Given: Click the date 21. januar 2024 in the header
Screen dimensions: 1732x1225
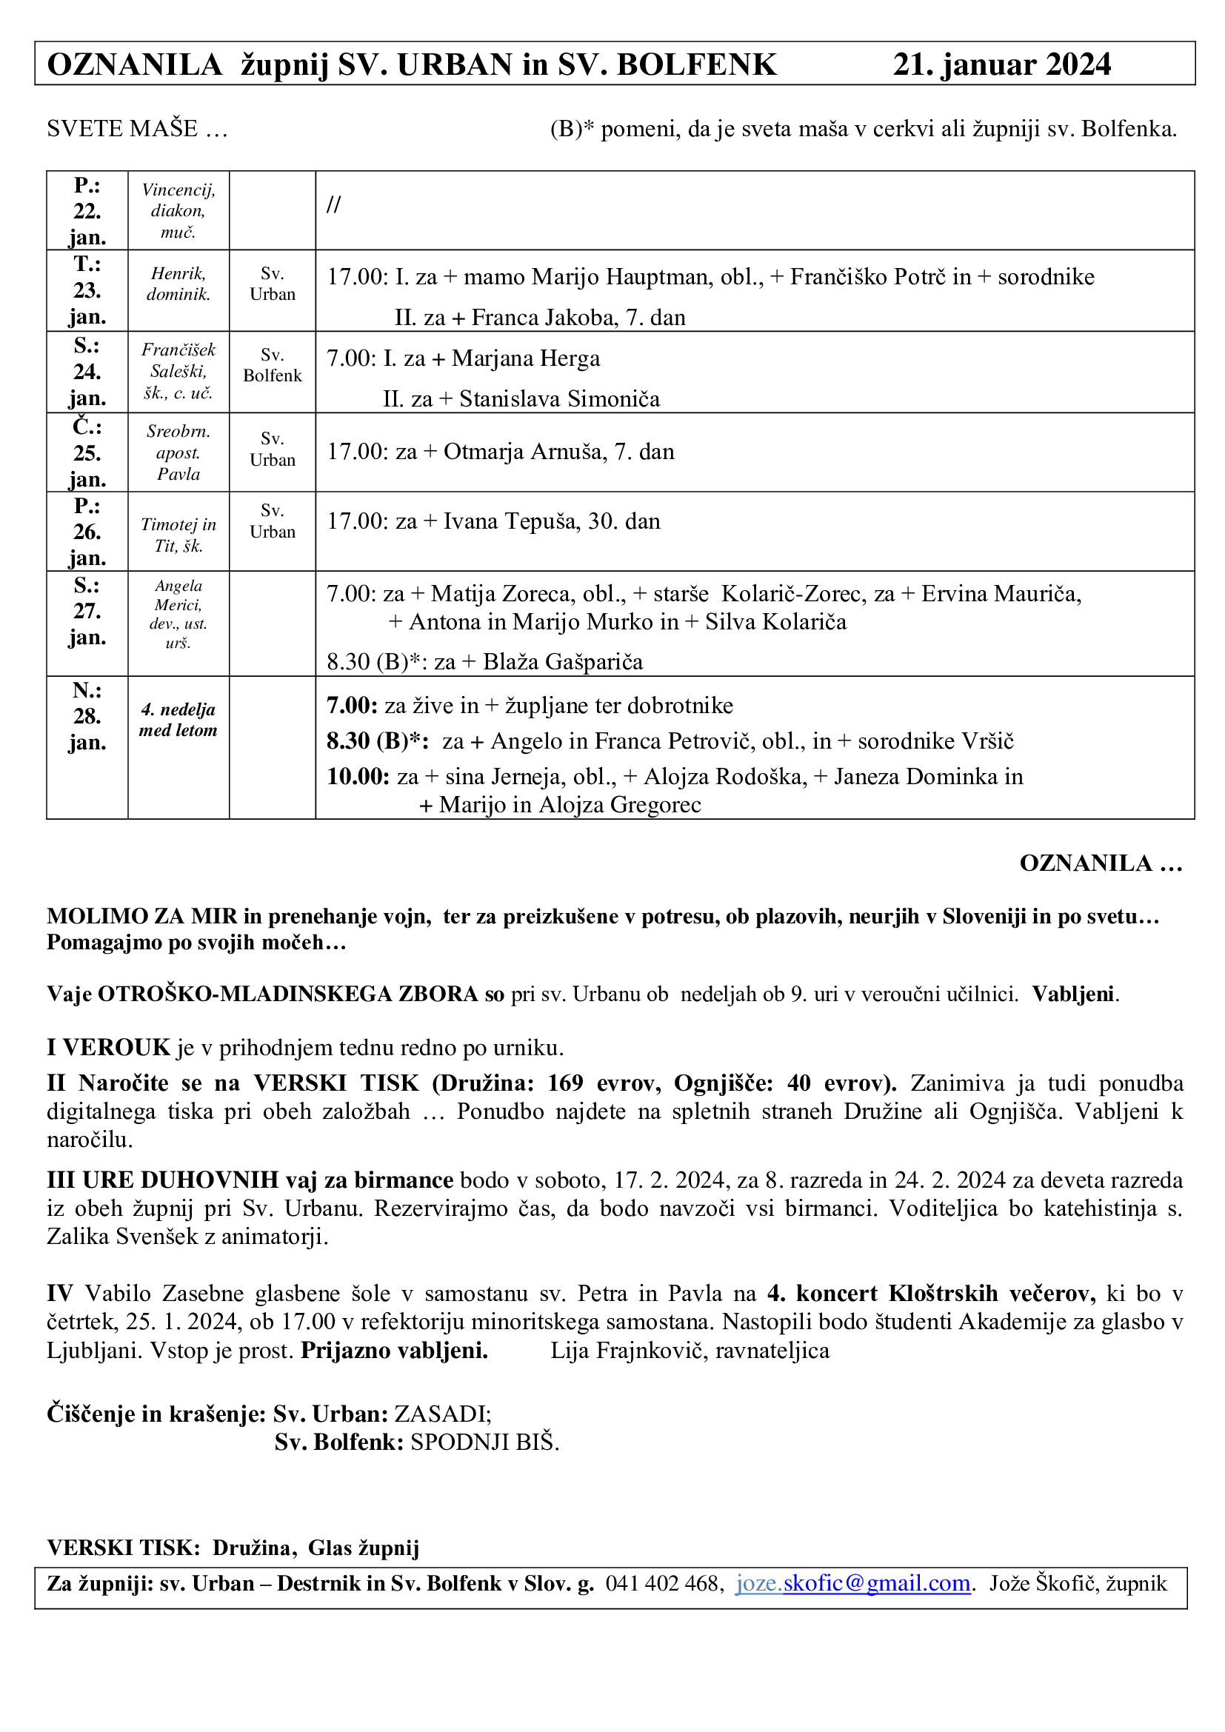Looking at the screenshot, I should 1001,65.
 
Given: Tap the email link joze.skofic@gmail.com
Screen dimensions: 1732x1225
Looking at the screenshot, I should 852,1583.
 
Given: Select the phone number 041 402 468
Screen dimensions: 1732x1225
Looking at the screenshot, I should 664,1583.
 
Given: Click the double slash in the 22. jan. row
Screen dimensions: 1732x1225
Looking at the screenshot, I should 333,204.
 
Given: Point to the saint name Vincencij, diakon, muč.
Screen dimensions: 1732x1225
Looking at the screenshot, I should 178,211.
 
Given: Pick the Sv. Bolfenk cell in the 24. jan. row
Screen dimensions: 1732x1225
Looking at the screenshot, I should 273,365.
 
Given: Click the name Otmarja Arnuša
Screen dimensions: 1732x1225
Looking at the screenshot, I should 525,452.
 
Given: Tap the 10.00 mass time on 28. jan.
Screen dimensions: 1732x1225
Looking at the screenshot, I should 358,777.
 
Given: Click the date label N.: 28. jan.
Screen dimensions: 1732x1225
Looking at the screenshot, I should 87,716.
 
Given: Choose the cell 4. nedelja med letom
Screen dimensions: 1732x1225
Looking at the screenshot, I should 178,720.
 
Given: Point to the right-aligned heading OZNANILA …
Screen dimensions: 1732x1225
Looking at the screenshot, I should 1101,863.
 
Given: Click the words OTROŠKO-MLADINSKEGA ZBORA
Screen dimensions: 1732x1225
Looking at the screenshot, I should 288,994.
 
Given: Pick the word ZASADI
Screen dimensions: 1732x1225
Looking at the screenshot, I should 441,1413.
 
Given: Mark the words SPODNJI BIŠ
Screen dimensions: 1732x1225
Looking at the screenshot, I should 483,1442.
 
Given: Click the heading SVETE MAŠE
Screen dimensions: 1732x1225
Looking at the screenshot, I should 122,129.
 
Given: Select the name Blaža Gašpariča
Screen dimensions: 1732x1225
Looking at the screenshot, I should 563,661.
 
